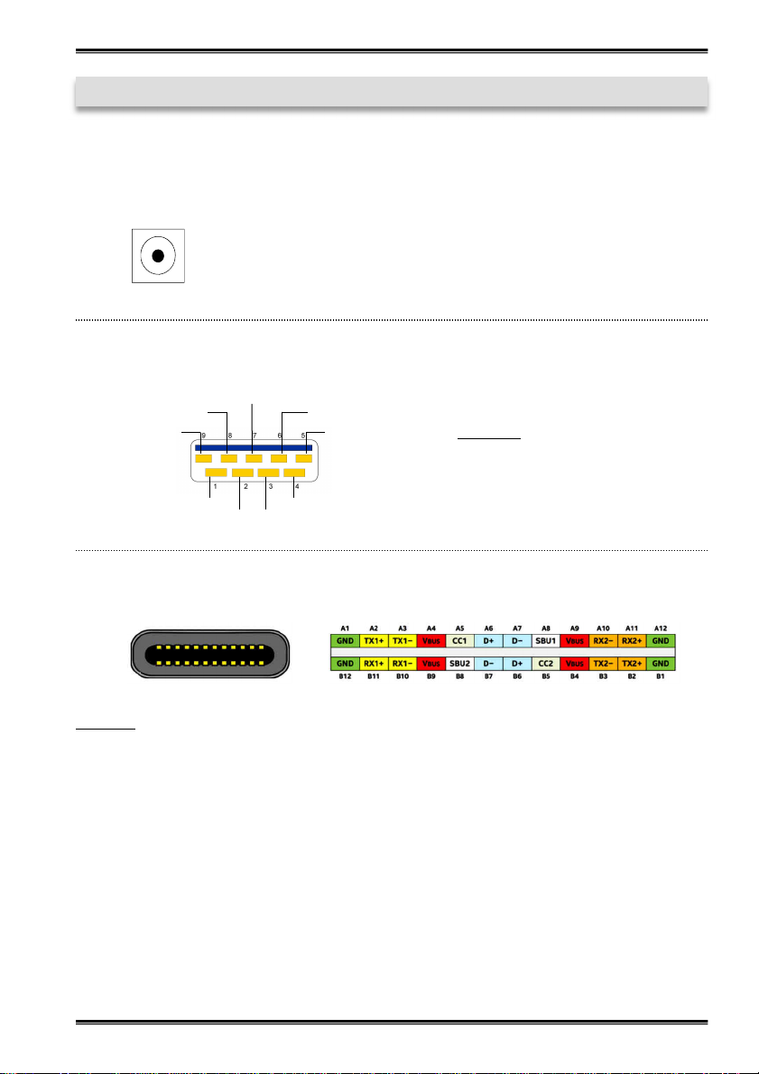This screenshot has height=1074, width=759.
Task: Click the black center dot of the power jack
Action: [158, 256]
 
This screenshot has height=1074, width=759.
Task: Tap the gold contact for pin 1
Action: [216, 473]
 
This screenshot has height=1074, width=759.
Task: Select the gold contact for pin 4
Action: [293, 473]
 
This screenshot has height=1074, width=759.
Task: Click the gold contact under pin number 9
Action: [204, 457]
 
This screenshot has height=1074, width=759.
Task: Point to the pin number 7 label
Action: [255, 436]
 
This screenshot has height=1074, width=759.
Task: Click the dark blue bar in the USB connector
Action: [254, 448]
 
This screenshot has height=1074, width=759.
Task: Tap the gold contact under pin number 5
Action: [304, 457]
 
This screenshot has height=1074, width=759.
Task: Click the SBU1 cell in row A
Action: [546, 641]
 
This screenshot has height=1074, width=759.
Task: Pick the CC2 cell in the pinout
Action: [546, 664]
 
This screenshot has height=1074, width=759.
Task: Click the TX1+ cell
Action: [374, 641]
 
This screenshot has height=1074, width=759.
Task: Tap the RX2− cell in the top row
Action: [604, 641]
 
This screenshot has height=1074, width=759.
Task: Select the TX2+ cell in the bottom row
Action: [632, 664]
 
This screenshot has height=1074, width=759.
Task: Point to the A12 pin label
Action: [661, 627]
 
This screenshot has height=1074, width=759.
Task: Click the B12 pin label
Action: [346, 678]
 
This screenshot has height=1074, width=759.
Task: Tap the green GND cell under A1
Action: [346, 641]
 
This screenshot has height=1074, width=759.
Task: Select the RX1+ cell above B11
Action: [374, 664]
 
